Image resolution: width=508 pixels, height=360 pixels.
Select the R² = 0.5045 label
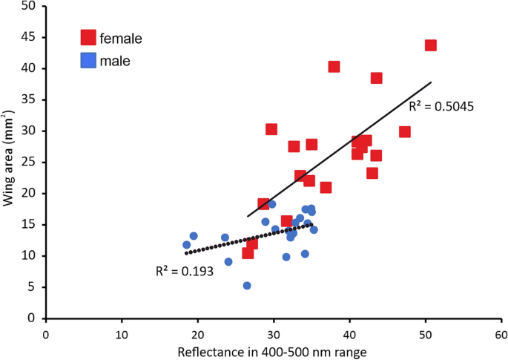pyautogui.click(x=441, y=106)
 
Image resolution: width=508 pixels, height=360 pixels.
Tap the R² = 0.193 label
pyautogui.click(x=185, y=272)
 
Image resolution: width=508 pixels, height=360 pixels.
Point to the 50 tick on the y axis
pyautogui.click(x=30, y=6)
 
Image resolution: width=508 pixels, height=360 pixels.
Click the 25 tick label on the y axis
pyautogui.click(x=30, y=162)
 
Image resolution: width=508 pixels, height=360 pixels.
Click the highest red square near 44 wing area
pyautogui.click(x=430, y=45)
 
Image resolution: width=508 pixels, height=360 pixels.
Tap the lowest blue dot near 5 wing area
pyautogui.click(x=247, y=286)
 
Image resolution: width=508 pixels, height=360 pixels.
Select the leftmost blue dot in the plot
pyautogui.click(x=186, y=245)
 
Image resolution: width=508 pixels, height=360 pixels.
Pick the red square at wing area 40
pyautogui.click(x=334, y=67)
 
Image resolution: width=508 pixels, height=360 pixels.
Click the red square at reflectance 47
pyautogui.click(x=404, y=132)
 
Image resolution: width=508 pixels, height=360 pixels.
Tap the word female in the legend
pyautogui.click(x=122, y=37)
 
